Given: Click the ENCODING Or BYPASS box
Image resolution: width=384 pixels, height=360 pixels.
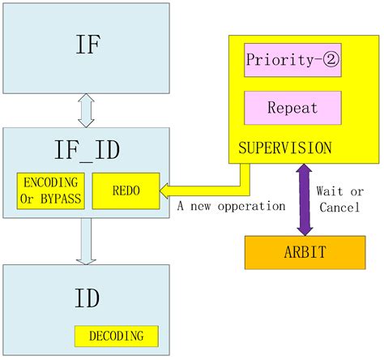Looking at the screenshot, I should click(49, 189).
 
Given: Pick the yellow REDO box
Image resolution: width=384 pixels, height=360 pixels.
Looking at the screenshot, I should click(126, 189).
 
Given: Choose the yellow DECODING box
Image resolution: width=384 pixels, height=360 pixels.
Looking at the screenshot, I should click(117, 336).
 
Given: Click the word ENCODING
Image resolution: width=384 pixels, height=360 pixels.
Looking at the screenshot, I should click(49, 182).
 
